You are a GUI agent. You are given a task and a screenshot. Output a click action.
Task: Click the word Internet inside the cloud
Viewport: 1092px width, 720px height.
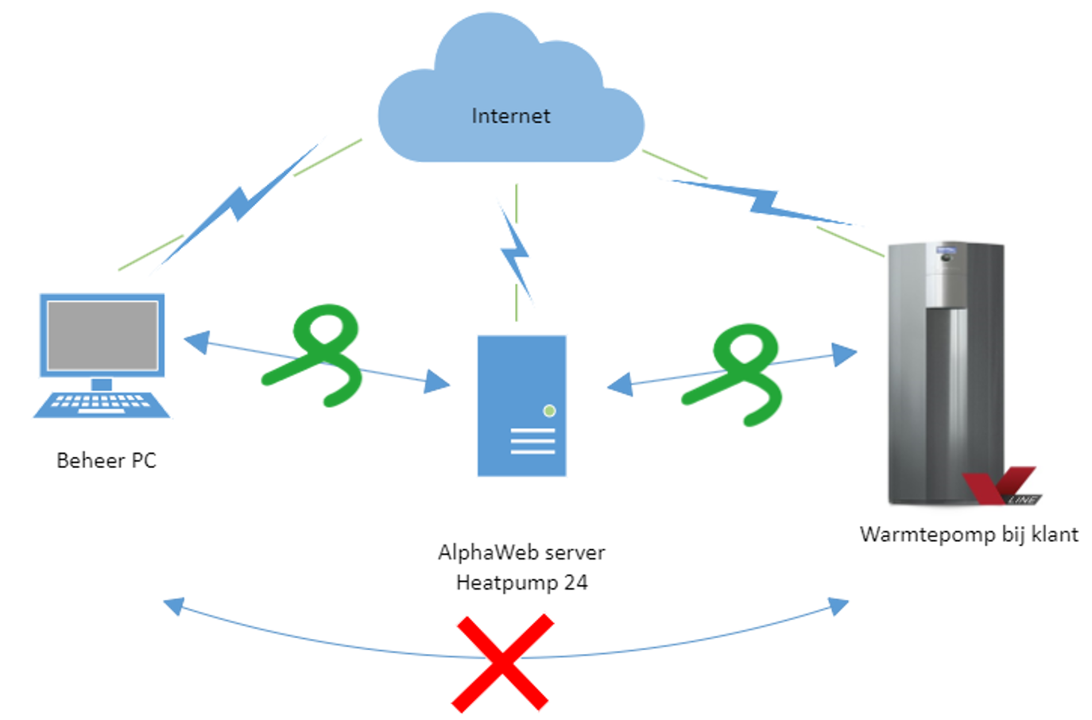coord(510,116)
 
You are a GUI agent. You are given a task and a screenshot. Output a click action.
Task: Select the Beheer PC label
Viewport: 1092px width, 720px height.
coord(106,460)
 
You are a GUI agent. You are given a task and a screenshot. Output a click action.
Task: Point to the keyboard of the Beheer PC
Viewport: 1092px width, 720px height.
coord(101,403)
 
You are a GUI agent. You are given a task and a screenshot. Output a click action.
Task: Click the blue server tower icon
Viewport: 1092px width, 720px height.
coord(521,405)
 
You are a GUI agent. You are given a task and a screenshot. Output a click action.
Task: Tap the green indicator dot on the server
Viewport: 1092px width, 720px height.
coord(549,411)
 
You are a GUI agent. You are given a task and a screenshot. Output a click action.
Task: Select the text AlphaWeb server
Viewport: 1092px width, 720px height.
coord(521,552)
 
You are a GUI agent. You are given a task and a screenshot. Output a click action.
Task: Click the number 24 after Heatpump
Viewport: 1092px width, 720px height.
coord(575,583)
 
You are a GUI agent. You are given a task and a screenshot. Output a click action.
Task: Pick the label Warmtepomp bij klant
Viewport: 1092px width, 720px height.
coord(969,534)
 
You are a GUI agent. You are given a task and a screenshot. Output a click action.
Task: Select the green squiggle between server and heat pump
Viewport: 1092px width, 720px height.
coord(738,374)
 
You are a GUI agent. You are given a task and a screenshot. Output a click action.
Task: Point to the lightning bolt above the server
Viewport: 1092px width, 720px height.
coord(515,254)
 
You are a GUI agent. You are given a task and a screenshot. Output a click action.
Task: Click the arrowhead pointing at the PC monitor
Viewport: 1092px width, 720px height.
coord(196,342)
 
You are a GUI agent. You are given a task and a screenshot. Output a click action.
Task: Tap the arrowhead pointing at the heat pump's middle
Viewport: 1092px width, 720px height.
coord(844,354)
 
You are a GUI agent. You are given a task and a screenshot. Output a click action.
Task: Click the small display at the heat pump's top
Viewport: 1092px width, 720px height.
coord(946,253)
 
